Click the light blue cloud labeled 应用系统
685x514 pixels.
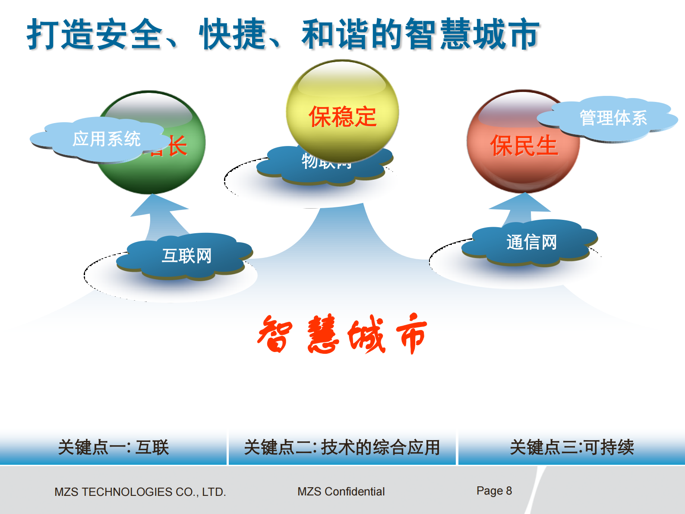click(x=99, y=140)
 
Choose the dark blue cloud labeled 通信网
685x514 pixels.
click(x=531, y=242)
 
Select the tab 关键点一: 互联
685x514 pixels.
click(x=113, y=447)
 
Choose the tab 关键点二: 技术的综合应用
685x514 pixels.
click(x=342, y=447)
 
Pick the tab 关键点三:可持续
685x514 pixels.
click(x=571, y=447)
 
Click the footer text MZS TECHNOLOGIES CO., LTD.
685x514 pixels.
click(x=140, y=492)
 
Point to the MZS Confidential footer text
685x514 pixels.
click(x=341, y=492)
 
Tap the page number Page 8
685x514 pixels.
click(x=494, y=491)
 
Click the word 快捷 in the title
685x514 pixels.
click(x=233, y=34)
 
